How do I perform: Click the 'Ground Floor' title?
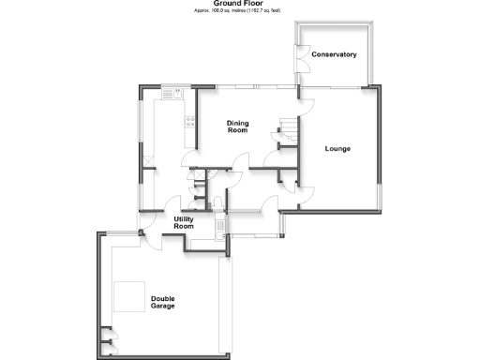point(239,4)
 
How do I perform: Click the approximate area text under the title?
point(239,10)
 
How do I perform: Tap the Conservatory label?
point(335,54)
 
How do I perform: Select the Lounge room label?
point(337,148)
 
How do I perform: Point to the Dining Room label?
point(237,127)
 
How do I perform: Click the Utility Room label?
point(184,222)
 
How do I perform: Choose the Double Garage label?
point(162,303)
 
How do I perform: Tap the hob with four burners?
point(189,120)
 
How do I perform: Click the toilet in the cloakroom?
point(217,204)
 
